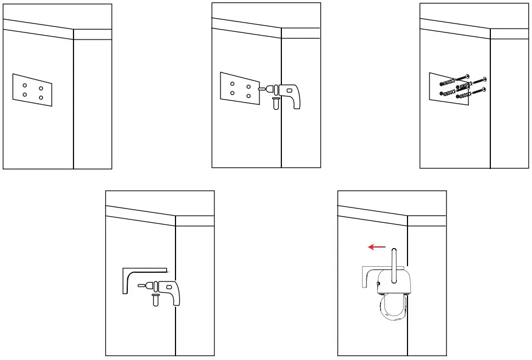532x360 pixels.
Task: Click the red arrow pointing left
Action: [377, 248]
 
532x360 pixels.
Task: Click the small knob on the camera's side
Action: [379, 283]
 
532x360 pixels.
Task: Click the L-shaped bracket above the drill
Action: [137, 273]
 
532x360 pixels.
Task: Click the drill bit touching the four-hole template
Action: [261, 88]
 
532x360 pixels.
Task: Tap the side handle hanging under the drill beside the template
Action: [276, 103]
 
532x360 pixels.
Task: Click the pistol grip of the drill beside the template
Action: [295, 101]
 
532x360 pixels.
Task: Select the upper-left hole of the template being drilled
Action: [233, 84]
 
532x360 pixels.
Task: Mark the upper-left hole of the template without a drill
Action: [25, 85]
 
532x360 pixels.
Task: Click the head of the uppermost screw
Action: [467, 76]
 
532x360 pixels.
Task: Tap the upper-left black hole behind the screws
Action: [442, 83]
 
